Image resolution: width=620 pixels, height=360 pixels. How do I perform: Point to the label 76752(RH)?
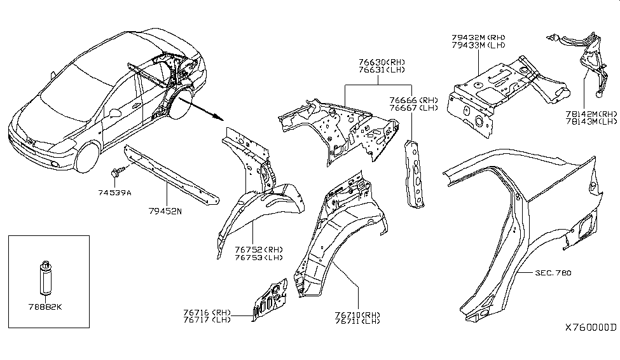[251, 249]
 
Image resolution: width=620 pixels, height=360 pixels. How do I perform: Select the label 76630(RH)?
[380, 62]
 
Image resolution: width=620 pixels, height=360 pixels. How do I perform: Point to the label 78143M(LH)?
[591, 121]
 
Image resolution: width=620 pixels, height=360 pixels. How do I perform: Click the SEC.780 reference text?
[553, 273]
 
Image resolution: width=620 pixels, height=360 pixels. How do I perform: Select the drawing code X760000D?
[591, 328]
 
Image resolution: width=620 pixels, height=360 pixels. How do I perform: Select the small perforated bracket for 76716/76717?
[270, 299]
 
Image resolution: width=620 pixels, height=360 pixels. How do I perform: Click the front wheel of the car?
[88, 159]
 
